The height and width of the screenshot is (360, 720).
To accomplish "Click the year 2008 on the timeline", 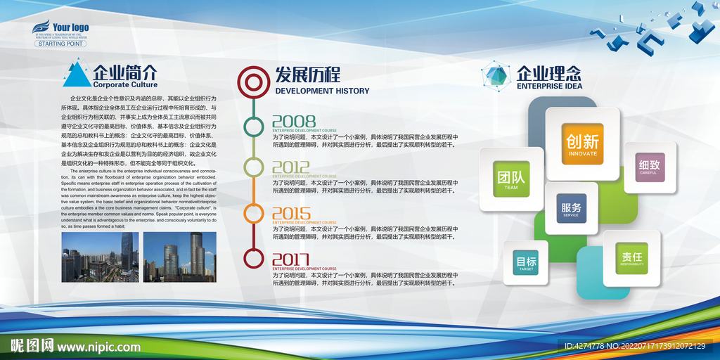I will [294, 121].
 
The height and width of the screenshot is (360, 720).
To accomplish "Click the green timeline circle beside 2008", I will [253, 127].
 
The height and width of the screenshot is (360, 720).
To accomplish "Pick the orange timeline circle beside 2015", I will [253, 214].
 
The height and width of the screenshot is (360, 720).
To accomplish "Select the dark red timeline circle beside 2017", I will [253, 258].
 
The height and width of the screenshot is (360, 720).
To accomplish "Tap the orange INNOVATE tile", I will [582, 144].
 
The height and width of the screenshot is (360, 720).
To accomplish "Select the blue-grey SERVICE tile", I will [571, 209].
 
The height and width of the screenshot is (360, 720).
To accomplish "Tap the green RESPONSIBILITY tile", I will [631, 258].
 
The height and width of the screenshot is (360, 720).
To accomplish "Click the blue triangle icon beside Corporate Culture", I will [77, 75].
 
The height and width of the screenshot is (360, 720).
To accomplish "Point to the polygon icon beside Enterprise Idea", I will [496, 77].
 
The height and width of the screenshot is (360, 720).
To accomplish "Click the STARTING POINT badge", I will [60, 44].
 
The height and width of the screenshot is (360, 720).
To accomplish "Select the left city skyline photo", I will [100, 257].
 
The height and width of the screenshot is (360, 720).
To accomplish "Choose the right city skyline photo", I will [179, 257].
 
